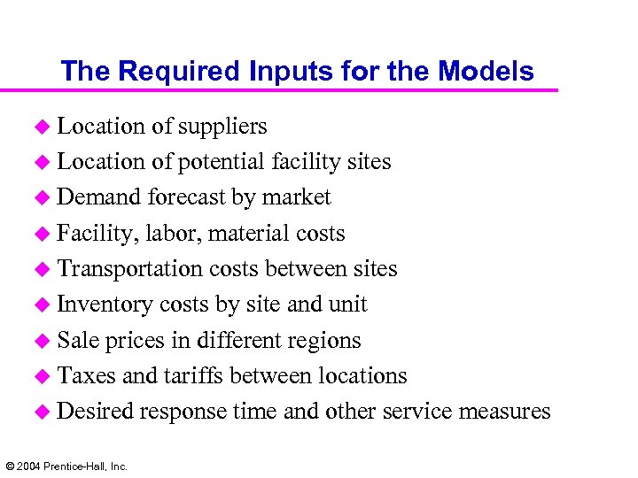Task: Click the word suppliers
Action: [222, 127]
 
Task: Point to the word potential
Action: [222, 163]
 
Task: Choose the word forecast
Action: [187, 198]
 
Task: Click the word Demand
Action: [100, 198]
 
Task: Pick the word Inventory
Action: [105, 305]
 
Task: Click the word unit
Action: [347, 305]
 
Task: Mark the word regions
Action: [323, 342]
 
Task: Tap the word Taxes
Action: [87, 376]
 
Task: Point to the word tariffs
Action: [193, 376]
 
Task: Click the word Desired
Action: [96, 412]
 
